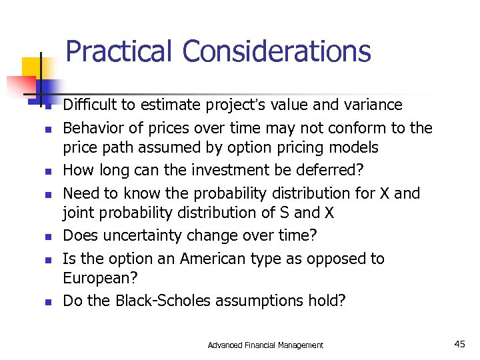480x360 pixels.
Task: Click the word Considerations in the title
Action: coord(276,51)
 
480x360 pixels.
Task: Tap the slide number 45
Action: coord(459,344)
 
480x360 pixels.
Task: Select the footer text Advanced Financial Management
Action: coord(265,345)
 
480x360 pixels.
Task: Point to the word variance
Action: coord(369,105)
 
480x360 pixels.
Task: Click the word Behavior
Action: coord(91,127)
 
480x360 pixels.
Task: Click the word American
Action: coord(210,259)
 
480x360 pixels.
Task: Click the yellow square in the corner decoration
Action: coord(32,67)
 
